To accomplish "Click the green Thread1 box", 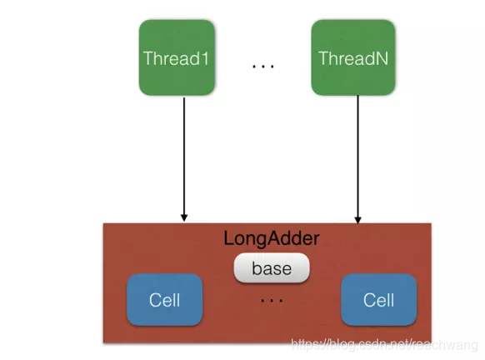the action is [177, 57].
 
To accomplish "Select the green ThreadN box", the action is [353, 57].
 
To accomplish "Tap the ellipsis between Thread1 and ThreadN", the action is [263, 66].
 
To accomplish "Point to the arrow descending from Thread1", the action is [184, 159].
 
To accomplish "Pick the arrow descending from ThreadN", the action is [357, 159].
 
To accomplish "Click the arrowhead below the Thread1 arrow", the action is [184, 217].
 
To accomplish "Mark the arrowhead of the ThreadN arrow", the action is [357, 220].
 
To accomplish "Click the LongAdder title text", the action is [272, 238].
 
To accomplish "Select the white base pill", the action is [272, 267].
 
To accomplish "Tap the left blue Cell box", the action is [164, 299].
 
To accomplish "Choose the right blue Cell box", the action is [378, 299].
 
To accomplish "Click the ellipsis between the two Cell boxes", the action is [272, 300].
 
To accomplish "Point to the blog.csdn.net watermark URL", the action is [384, 344].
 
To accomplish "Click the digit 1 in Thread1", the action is [204, 58].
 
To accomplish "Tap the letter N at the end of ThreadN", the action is [382, 58].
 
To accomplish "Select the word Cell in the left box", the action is [164, 300].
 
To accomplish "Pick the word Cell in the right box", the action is [378, 300].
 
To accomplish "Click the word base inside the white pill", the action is [272, 268].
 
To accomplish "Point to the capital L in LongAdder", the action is [229, 238].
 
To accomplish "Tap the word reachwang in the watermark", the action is [445, 345].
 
